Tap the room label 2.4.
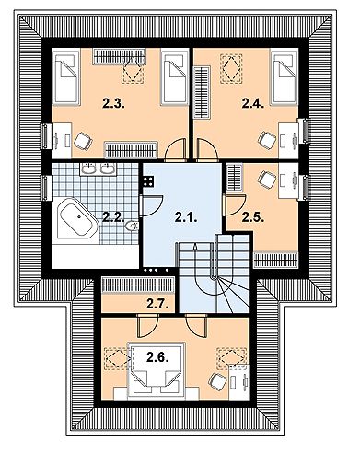click(252, 106)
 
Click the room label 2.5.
click(252, 217)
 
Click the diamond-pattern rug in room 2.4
click(229, 65)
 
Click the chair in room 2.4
click(268, 139)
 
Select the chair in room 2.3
click(80, 140)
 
